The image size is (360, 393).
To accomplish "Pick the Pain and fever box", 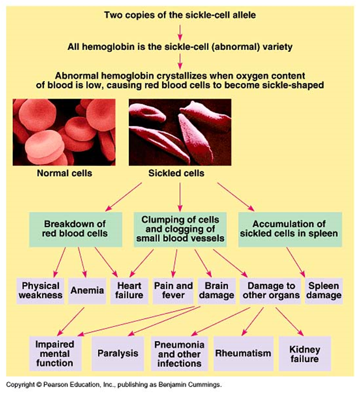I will point(173,290).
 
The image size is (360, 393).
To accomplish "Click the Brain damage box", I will point(216,290).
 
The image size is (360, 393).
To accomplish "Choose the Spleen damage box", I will point(324,290).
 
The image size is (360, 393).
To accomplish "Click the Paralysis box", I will point(118,353).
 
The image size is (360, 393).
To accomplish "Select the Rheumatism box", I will point(243,353).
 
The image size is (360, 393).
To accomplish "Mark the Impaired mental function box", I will point(54,354).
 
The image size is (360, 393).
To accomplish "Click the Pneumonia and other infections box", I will point(179,354).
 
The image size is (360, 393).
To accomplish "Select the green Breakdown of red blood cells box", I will point(75,228).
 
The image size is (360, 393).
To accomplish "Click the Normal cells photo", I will point(64,131).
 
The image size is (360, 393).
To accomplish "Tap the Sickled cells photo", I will point(180,131).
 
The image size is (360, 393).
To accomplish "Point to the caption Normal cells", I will point(65,173).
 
